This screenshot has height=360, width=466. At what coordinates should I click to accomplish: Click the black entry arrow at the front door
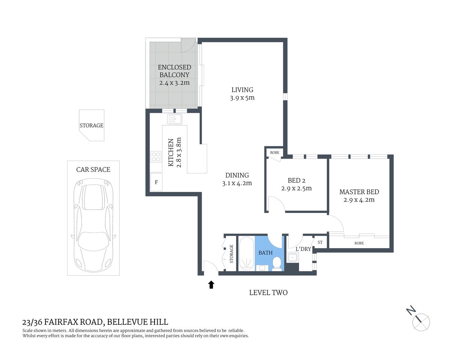tap(211, 285)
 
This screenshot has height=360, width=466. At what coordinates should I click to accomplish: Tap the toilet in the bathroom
tap(277, 263)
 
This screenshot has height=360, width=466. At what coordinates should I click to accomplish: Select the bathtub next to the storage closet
tap(246, 254)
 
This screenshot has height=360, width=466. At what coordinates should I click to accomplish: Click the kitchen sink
tap(175, 119)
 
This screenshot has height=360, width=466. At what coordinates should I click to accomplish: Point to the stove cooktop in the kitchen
tap(156, 157)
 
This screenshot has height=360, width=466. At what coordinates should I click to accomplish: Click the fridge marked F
tap(156, 182)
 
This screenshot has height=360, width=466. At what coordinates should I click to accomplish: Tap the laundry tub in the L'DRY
tap(292, 258)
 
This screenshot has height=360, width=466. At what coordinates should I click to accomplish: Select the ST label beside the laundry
tap(320, 242)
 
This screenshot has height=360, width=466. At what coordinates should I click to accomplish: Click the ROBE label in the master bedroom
tap(359, 243)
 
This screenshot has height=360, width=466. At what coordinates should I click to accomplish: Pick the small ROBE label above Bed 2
tap(275, 153)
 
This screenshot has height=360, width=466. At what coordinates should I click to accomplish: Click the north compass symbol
tap(420, 321)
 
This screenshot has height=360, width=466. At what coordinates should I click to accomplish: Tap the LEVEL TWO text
tap(268, 292)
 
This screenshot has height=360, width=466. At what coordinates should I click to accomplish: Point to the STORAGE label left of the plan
tap(91, 126)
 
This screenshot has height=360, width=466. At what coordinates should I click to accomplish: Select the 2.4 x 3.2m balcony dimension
tap(174, 82)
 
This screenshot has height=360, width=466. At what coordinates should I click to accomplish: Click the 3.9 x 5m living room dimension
tap(242, 98)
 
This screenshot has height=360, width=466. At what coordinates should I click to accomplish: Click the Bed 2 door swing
tap(276, 204)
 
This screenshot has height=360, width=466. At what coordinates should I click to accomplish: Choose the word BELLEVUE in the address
tap(126, 322)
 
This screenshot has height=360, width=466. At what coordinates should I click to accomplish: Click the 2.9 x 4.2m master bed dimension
tap(359, 200)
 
